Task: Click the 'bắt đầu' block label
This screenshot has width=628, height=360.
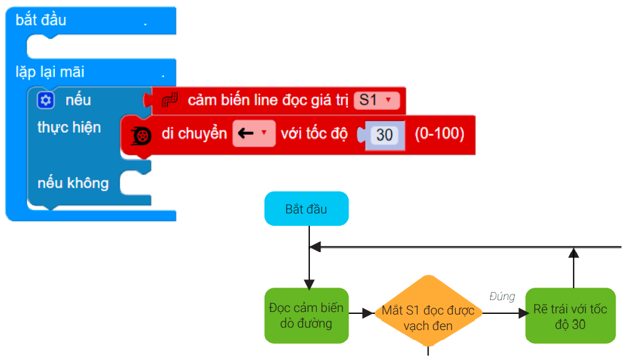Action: (x=41, y=20)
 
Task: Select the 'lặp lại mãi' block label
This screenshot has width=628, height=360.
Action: (x=50, y=72)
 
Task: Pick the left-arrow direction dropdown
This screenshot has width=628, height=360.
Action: (x=254, y=134)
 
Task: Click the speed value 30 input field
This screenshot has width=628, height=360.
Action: (x=384, y=134)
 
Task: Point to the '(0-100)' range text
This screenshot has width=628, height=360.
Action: (x=440, y=134)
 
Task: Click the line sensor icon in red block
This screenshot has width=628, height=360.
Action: (x=170, y=100)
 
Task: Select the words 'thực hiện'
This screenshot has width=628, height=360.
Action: (x=69, y=127)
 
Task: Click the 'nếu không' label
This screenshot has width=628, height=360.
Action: (x=73, y=183)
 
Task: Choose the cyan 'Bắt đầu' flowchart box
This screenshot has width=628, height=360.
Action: (x=306, y=208)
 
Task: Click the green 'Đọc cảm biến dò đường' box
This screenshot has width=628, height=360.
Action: (x=306, y=315)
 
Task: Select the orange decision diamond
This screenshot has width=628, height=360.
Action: (x=428, y=311)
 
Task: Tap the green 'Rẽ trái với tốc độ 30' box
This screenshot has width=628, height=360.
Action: (x=570, y=315)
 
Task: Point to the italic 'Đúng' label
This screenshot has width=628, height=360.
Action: (x=502, y=296)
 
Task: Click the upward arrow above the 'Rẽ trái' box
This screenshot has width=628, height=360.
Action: (x=574, y=268)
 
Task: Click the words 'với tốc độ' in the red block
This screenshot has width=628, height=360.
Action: (x=314, y=134)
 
